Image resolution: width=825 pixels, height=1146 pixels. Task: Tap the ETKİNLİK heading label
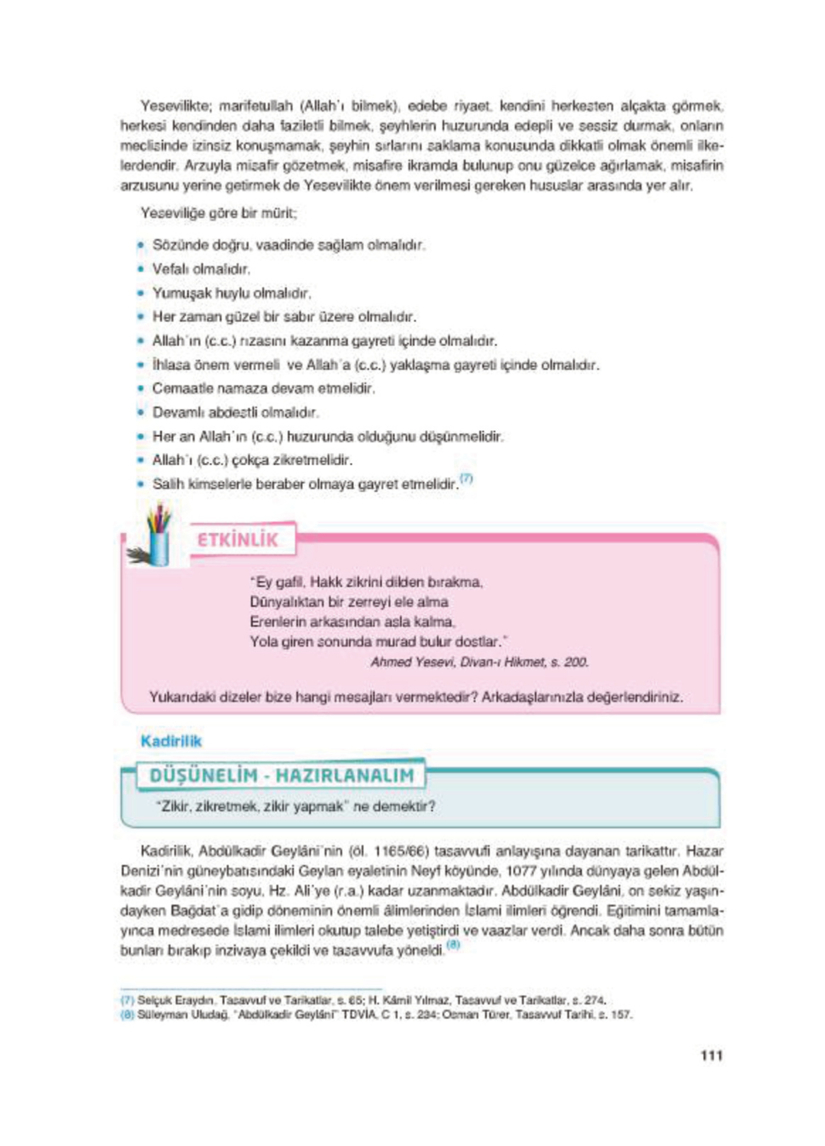[x=237, y=539]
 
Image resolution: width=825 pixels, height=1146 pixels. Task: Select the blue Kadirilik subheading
[x=171, y=741]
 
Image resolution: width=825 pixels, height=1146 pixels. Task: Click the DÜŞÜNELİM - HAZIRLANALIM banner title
[x=281, y=776]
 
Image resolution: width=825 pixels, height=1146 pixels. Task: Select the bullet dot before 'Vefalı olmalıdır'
[x=141, y=269]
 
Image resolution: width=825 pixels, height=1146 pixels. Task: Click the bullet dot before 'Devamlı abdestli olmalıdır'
[x=141, y=413]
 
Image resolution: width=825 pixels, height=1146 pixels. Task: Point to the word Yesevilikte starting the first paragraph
[x=172, y=107]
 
